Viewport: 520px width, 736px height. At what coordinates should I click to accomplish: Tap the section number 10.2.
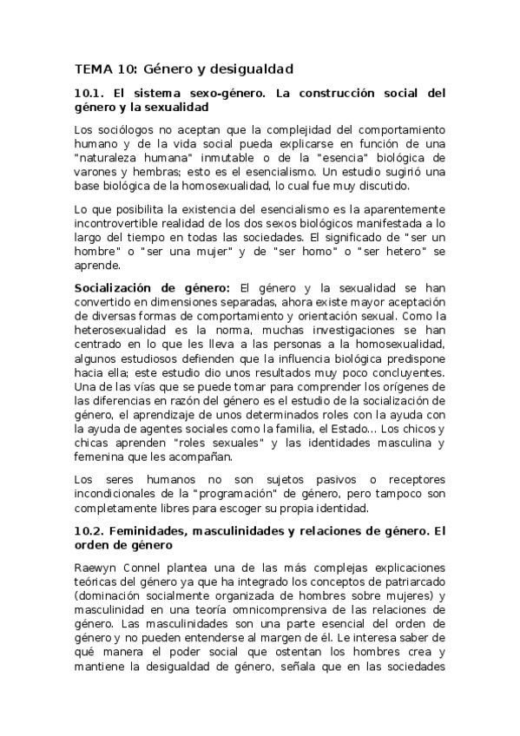point(91,531)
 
